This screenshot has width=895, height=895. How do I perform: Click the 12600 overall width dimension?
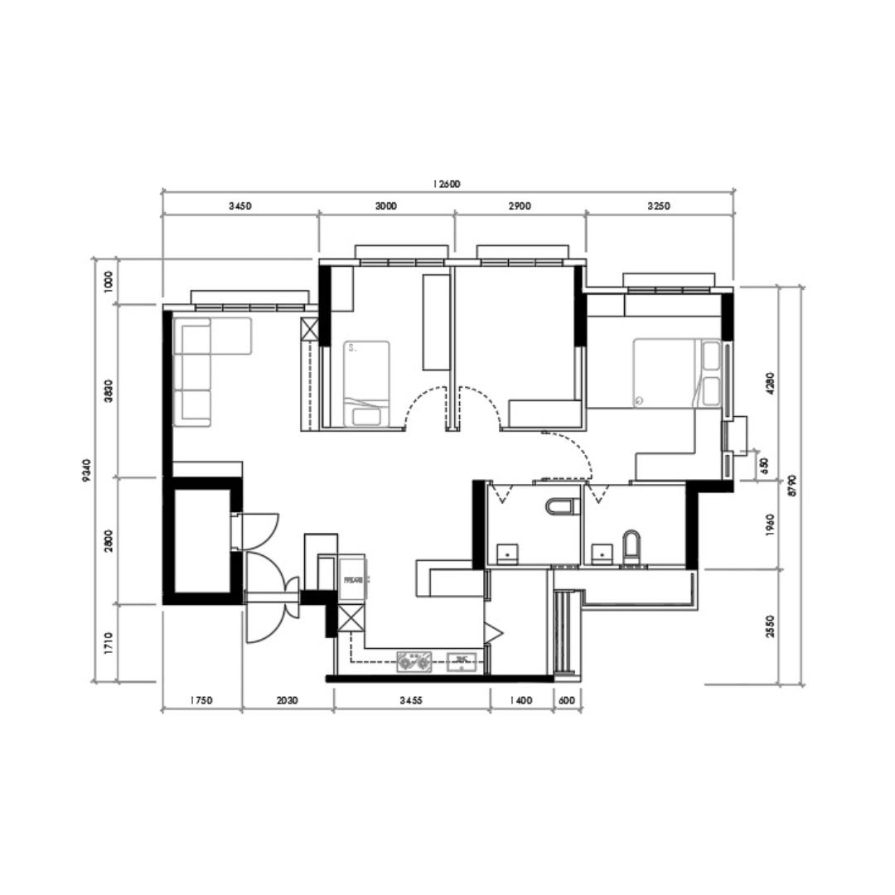[x=445, y=184]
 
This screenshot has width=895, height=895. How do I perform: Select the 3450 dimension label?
[x=240, y=206]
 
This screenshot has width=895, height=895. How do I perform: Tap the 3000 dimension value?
[x=385, y=206]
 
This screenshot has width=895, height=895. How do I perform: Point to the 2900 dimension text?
[x=519, y=206]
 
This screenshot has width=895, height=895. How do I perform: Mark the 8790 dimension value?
[x=793, y=485]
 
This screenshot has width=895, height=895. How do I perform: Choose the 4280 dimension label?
[x=770, y=384]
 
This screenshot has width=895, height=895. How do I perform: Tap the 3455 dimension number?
[x=410, y=700]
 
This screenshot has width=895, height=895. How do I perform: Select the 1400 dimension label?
[x=520, y=700]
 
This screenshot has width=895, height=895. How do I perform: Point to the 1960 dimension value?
[x=770, y=525]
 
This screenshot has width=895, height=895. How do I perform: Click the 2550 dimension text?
[x=770, y=626]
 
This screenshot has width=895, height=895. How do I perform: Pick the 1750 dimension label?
[x=201, y=700]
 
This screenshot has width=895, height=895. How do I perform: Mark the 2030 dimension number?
[x=287, y=700]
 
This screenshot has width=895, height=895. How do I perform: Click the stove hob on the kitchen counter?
[x=414, y=660]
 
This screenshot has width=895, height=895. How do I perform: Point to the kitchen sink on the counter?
[x=461, y=660]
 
